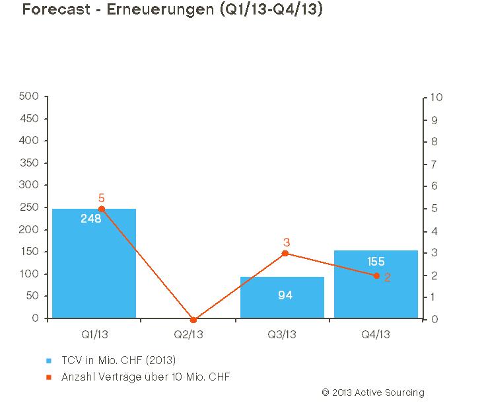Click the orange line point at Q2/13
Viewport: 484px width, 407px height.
tap(193, 320)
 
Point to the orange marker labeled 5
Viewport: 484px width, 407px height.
tap(101, 209)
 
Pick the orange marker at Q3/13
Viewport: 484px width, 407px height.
tap(285, 253)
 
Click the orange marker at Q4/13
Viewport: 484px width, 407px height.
tap(376, 276)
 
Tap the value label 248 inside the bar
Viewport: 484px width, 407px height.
tap(90, 219)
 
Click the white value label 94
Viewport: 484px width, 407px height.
tap(285, 295)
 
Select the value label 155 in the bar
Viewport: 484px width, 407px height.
tap(376, 262)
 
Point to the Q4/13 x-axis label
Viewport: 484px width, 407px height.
tap(376, 334)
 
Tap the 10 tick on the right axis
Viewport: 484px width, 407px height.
tap(436, 97)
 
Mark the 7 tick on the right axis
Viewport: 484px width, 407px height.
tap(433, 164)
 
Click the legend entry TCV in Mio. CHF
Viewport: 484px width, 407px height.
tap(119, 360)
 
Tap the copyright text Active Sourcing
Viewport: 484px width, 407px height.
tap(373, 392)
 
